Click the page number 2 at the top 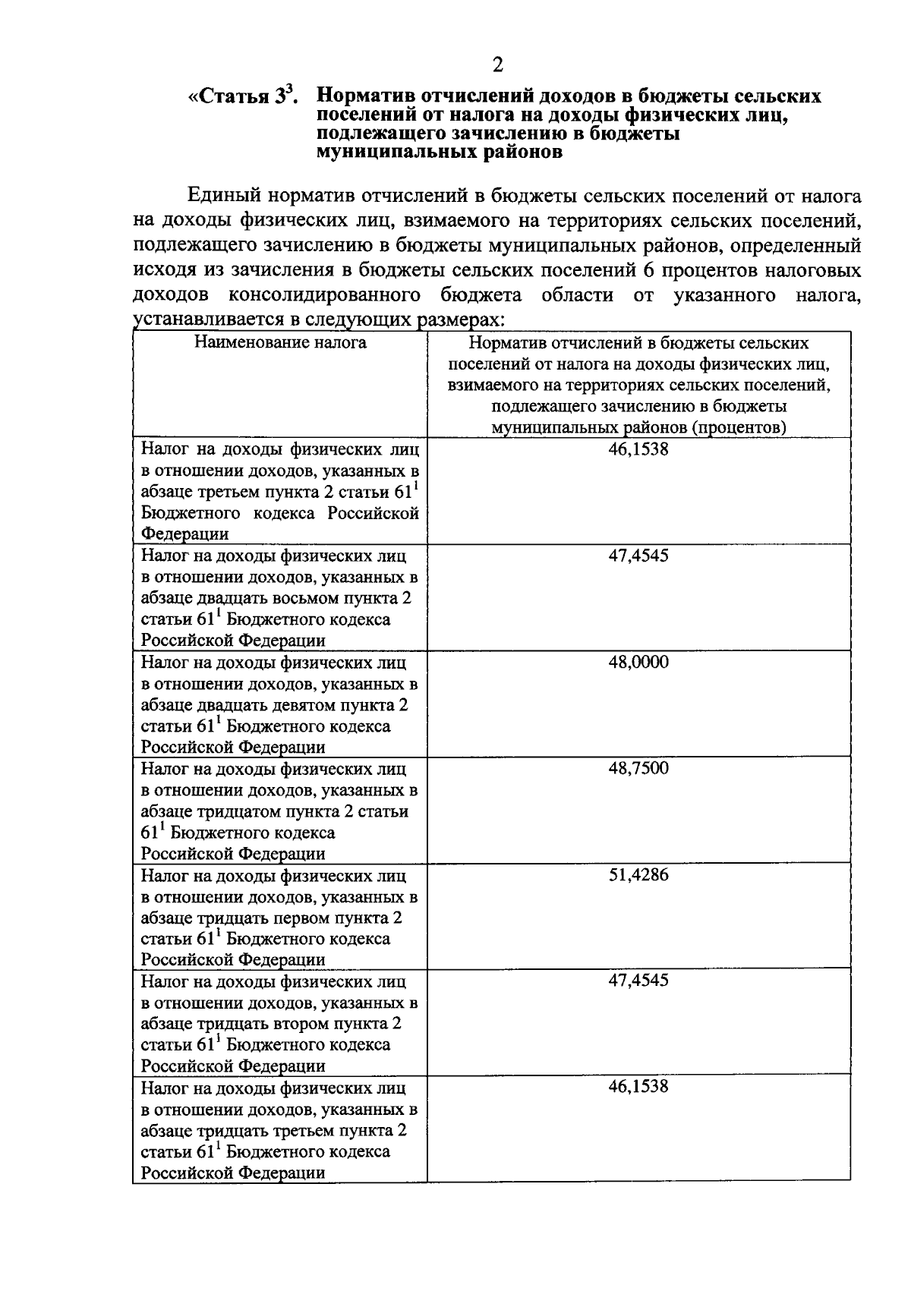pos(497,65)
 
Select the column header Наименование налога pos(280,342)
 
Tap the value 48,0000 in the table pos(638,662)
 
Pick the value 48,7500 pos(638,768)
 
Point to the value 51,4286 pos(638,874)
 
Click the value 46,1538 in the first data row pos(638,449)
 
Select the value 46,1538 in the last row pos(638,1086)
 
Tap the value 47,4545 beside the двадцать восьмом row pos(638,556)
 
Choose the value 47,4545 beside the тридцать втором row pos(638,980)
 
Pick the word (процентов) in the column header pos(739,427)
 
